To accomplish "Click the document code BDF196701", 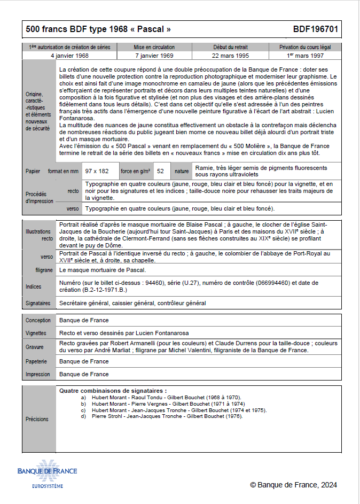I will (315, 29).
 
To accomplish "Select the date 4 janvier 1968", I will (69, 56).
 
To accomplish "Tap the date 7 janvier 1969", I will (154, 56).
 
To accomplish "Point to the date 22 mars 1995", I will (230, 56).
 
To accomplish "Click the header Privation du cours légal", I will (304, 48).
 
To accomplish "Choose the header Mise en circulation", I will (154, 48).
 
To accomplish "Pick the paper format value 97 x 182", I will (97, 171).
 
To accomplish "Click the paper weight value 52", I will (160, 171).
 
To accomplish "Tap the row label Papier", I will (33, 172).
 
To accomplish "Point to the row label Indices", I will (34, 287).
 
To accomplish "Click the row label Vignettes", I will (37, 333).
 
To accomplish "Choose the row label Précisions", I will (37, 419).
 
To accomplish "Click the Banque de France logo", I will (47, 473).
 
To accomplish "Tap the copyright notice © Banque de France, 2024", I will (293, 485).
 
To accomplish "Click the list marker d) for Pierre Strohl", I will (83, 416).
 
